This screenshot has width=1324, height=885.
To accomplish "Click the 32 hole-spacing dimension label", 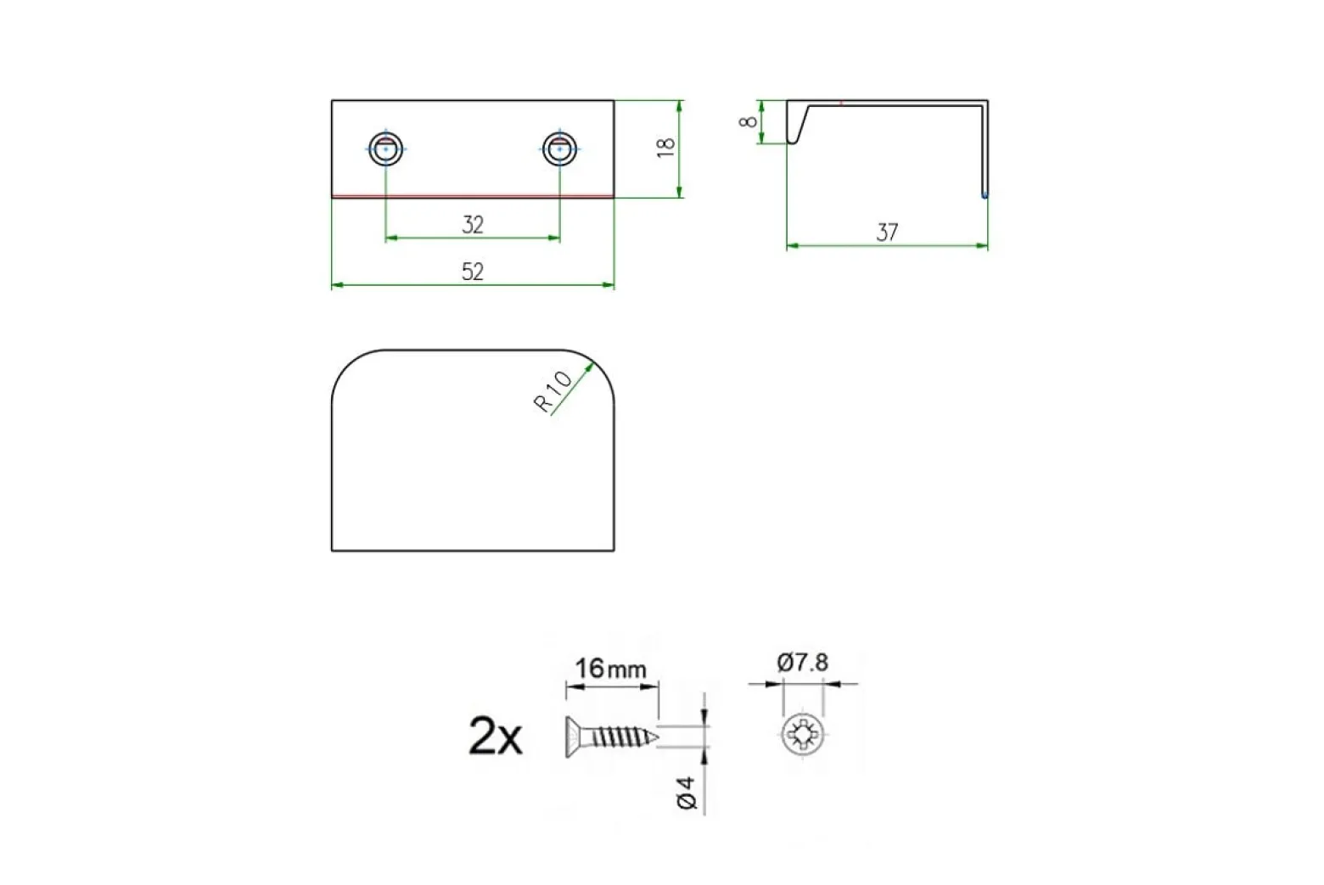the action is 473,225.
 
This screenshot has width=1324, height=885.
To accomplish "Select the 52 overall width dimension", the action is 473,272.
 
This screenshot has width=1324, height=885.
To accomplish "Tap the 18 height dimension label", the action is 666,148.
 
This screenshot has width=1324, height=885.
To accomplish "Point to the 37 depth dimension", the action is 887,232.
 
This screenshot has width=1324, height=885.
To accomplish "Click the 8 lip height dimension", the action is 749,121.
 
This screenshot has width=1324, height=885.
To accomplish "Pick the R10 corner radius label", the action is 553,391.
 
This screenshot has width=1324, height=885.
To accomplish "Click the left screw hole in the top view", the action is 386,148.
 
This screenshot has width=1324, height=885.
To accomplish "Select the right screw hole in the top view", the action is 560,148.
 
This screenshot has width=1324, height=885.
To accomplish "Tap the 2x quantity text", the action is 496,737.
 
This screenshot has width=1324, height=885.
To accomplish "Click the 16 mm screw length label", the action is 611,669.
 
